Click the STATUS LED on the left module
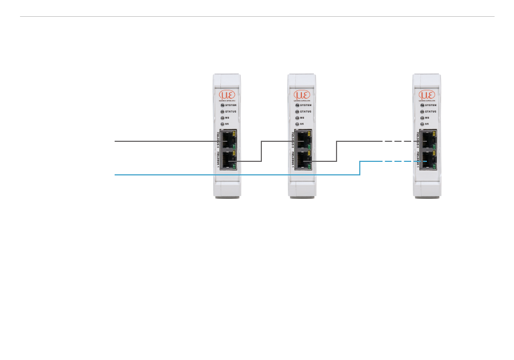(221, 112)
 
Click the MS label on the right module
(427, 117)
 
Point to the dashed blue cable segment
(398, 161)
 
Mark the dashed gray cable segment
(398, 141)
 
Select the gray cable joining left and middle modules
(261, 151)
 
